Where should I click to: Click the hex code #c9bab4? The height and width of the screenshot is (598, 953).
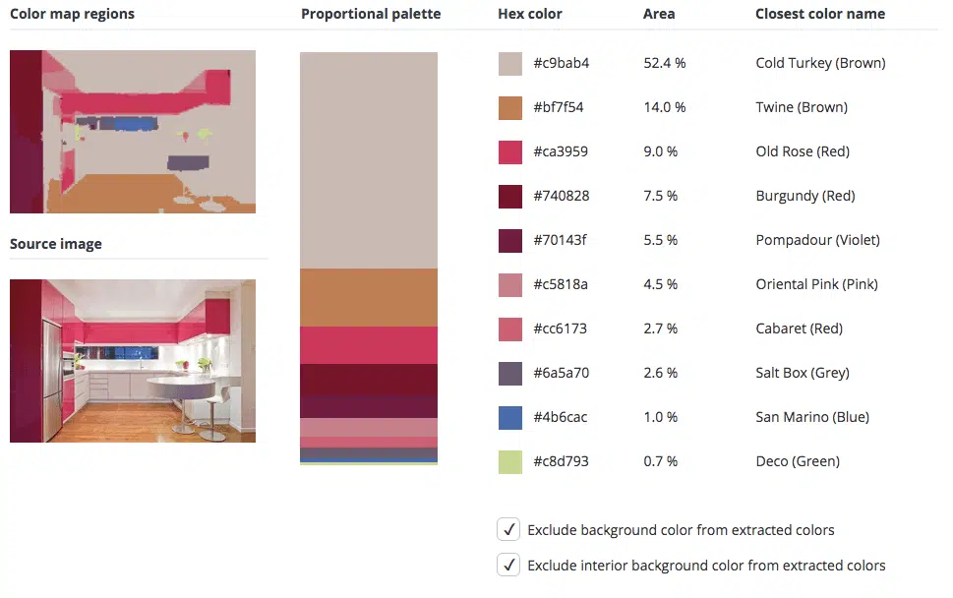(x=561, y=63)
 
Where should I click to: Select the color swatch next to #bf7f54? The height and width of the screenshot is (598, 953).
(x=509, y=107)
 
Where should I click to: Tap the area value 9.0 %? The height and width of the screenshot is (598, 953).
(x=661, y=151)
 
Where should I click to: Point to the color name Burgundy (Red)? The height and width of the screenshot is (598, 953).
(x=805, y=196)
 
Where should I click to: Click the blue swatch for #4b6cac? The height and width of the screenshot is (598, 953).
(x=509, y=417)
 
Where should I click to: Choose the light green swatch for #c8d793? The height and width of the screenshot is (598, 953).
(x=509, y=462)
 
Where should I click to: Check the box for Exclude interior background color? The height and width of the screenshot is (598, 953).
(x=508, y=565)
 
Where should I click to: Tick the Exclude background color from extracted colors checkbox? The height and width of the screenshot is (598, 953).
(x=508, y=529)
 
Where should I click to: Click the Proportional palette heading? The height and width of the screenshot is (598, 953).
(x=371, y=14)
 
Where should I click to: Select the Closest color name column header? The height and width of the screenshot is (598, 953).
(x=820, y=14)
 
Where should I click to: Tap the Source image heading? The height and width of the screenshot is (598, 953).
(x=56, y=244)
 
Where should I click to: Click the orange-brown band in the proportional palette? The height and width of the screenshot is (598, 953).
(x=368, y=297)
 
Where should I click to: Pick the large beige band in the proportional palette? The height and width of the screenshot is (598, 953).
(x=368, y=160)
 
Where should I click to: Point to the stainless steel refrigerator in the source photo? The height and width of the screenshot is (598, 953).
(x=52, y=377)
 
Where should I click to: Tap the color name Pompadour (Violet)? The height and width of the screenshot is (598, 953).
(x=817, y=240)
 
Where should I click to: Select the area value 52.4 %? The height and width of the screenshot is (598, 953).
(x=664, y=63)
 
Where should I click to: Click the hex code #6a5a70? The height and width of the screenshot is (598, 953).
(x=561, y=373)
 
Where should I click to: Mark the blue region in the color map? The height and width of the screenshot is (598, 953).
(x=135, y=124)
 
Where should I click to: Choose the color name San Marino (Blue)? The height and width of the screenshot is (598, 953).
(x=812, y=417)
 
